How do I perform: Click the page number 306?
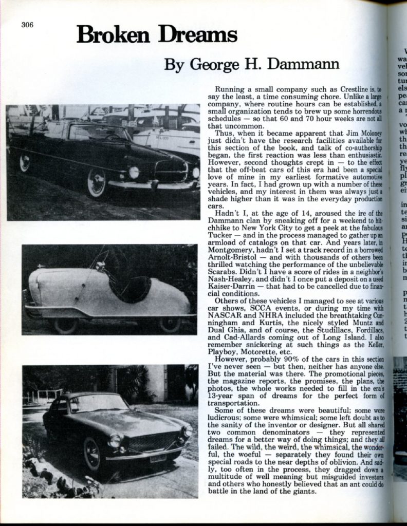pos(27,25)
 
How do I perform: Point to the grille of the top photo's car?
pos(171,171)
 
